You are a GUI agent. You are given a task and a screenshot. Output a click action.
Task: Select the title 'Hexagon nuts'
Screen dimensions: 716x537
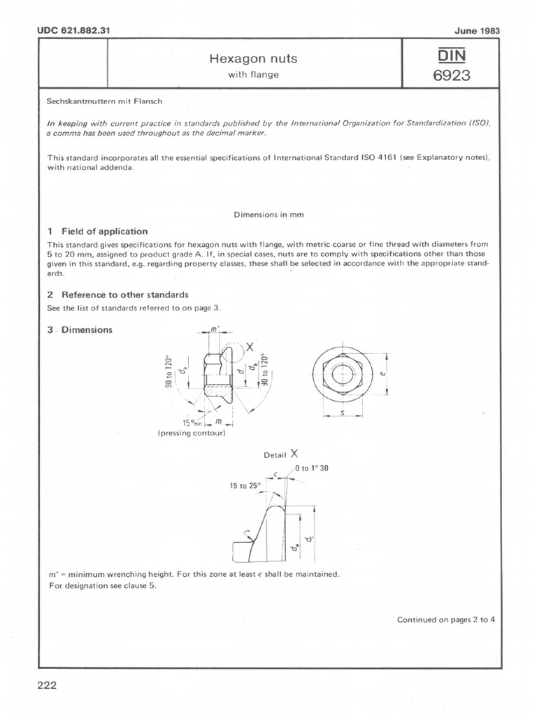(x=253, y=59)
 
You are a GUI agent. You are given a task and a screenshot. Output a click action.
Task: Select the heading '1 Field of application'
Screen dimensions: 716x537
(x=97, y=231)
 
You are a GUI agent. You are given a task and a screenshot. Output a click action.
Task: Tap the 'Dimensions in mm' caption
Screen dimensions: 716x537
(x=268, y=215)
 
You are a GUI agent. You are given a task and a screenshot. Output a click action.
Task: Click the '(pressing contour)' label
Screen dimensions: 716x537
(x=192, y=433)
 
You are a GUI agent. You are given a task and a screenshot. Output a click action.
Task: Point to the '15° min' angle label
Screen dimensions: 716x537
(x=191, y=422)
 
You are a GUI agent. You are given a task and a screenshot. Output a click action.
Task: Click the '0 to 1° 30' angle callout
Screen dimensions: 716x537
(x=312, y=468)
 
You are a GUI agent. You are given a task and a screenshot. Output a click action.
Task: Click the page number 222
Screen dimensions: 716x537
(x=46, y=685)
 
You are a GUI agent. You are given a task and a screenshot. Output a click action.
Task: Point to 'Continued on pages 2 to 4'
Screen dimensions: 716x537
(x=446, y=620)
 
